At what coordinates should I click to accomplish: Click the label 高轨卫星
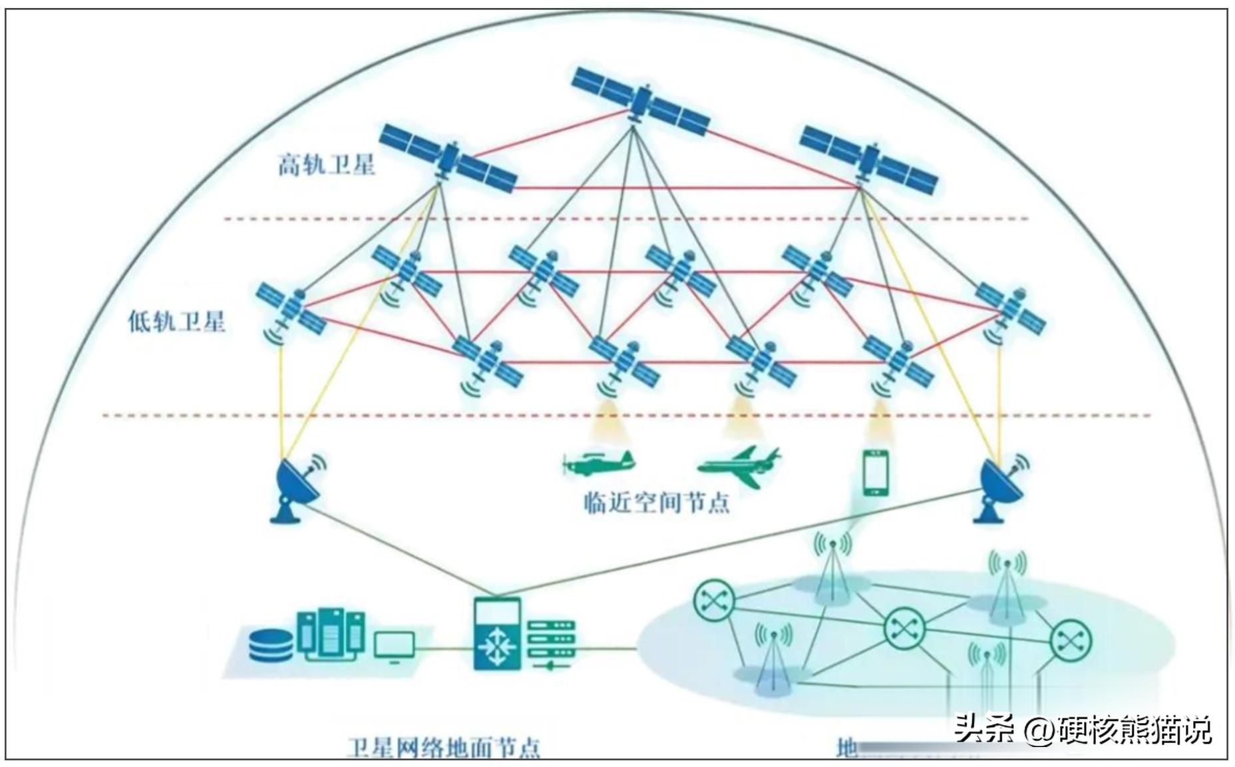tap(326, 164)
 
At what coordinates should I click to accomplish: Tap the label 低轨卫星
tap(176, 322)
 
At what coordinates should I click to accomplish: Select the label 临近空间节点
tap(657, 502)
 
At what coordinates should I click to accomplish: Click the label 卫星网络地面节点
tap(443, 748)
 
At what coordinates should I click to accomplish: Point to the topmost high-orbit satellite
tap(640, 102)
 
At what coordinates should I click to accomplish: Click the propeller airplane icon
tap(598, 461)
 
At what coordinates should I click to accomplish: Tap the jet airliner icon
tap(739, 461)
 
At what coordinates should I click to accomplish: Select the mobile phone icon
tap(876, 473)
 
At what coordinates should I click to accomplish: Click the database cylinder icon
tap(271, 644)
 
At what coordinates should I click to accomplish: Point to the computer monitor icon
tap(394, 646)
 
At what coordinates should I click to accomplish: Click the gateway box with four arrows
tap(496, 635)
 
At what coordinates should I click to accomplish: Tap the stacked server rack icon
tap(550, 644)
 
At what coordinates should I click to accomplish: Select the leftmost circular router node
tap(714, 600)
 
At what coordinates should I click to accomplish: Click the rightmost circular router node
tap(1071, 640)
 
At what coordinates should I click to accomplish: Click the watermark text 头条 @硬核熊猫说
tap(1083, 730)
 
